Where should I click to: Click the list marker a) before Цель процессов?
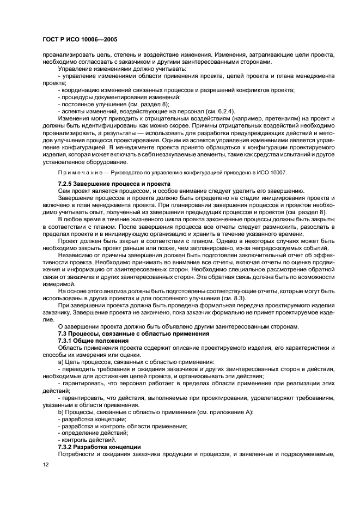coord(61,361)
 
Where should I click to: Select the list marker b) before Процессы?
coord(61,411)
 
